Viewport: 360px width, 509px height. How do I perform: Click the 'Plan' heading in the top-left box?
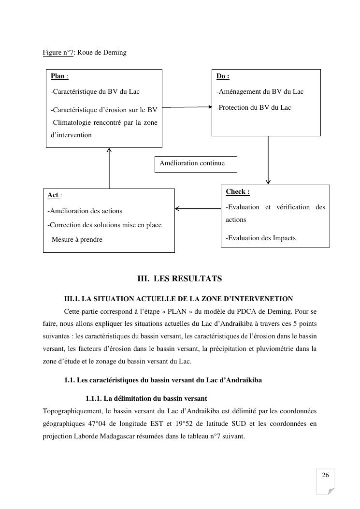[58, 76]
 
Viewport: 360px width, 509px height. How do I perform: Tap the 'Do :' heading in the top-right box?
[222, 76]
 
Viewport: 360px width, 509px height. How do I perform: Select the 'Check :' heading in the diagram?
[237, 192]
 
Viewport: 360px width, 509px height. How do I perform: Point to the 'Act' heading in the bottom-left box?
[53, 195]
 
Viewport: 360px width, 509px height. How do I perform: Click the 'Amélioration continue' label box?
[196, 163]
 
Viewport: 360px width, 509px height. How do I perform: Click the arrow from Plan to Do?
[187, 107]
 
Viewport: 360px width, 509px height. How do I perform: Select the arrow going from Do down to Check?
[268, 160]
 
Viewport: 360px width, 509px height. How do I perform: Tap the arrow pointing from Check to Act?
[198, 209]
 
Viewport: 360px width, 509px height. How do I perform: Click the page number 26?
[325, 476]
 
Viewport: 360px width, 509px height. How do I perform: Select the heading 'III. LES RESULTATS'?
[180, 279]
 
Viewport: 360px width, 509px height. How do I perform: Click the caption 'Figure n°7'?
[58, 52]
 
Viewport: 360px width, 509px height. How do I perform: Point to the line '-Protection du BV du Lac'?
[254, 108]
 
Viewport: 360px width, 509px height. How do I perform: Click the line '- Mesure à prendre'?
[75, 240]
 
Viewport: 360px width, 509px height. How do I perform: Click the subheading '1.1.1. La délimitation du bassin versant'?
[146, 399]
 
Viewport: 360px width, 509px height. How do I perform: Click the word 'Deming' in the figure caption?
[116, 52]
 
